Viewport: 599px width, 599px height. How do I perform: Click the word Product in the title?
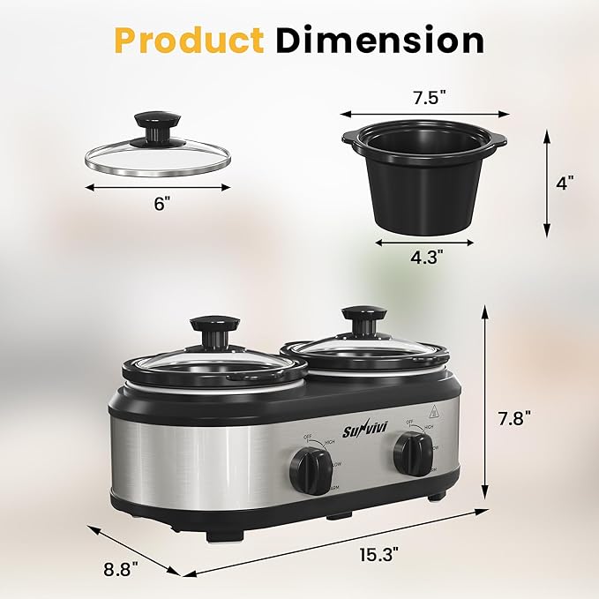187,40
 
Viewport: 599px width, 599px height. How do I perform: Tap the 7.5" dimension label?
426,97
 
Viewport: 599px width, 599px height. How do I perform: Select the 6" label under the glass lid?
161,203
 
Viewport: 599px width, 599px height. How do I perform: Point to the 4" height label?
565,183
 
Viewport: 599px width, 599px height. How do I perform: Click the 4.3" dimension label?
426,258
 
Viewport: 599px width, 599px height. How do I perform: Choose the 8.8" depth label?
121,570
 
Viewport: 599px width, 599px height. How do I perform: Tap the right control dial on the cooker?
412,453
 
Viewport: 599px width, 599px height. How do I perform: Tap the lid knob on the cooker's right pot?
363,318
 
